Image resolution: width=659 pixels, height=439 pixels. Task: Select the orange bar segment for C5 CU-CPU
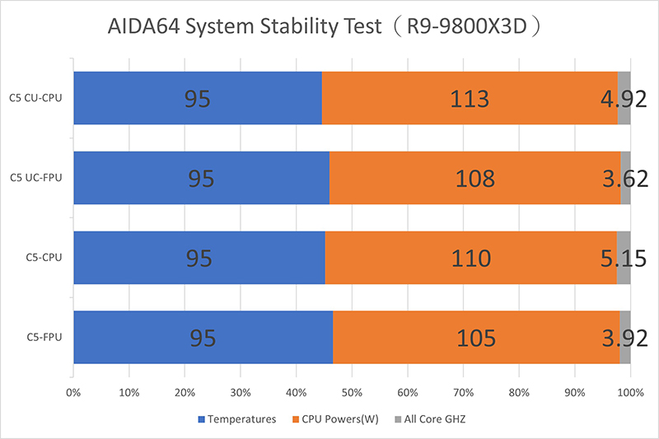470,98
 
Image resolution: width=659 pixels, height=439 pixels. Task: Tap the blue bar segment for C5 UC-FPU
201,178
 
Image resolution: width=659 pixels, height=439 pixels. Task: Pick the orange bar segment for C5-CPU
470,258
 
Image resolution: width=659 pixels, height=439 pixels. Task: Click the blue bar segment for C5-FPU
203,338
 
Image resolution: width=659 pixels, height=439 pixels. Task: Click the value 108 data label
474,179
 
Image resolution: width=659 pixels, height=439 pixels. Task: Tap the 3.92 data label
624,339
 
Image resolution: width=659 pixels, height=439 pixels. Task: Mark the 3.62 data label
624,179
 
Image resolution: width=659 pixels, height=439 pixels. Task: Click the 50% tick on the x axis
352,393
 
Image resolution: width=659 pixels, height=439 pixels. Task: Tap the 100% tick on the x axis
630,393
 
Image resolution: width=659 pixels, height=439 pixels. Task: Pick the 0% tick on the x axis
73,393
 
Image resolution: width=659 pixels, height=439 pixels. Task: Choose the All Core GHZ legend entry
432,419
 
